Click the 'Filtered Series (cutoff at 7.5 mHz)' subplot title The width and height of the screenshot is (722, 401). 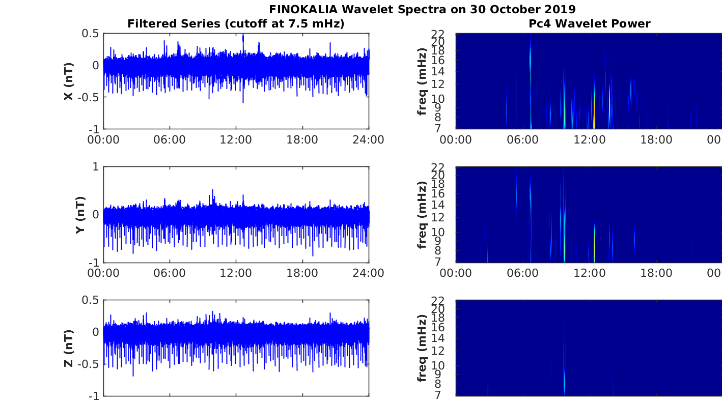click(x=236, y=23)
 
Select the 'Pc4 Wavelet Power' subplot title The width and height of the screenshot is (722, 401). click(x=589, y=23)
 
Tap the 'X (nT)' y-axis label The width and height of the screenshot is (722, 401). click(x=69, y=81)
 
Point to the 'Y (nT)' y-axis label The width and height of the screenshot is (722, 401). click(x=80, y=215)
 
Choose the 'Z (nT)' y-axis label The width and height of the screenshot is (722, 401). click(x=69, y=349)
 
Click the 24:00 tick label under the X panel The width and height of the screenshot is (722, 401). click(x=368, y=140)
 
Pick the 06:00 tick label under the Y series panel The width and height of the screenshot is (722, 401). click(x=170, y=273)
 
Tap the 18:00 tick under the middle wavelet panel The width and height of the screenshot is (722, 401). click(x=656, y=273)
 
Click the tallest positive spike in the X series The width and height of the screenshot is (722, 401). click(x=243, y=36)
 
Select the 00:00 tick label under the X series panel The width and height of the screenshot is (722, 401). click(x=103, y=140)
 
